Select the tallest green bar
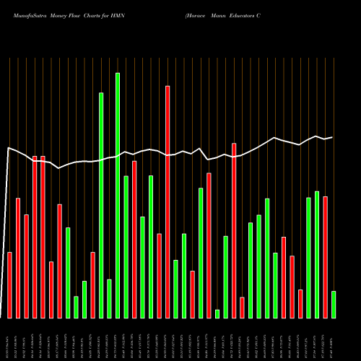coord(118,195)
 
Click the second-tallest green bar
coord(101,205)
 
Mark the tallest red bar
coord(168,202)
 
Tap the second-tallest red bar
coord(234,230)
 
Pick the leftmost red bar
coord(9,285)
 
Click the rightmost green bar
coord(334,304)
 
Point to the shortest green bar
coord(217,313)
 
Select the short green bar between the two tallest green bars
coord(109,298)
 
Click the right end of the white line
coord(332,137)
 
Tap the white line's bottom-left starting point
coord(2,316)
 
